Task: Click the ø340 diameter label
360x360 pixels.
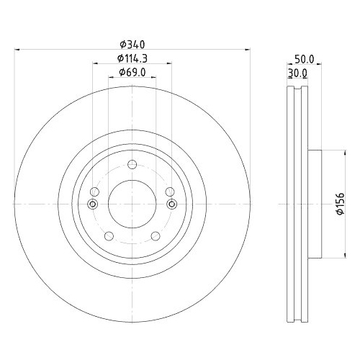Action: click(x=132, y=44)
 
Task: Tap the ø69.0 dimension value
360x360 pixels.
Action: click(x=132, y=72)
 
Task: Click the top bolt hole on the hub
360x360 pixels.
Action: click(x=132, y=166)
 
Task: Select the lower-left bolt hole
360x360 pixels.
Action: click(x=109, y=236)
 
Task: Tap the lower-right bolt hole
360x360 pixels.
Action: click(x=155, y=236)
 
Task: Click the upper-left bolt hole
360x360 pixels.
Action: click(x=94, y=192)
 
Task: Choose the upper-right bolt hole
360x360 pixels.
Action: click(x=169, y=192)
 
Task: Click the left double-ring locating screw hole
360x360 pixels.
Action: click(x=91, y=204)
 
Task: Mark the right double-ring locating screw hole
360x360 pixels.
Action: click(x=172, y=204)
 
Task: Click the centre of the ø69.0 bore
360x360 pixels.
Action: click(x=132, y=204)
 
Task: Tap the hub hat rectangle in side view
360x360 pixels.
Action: click(x=315, y=204)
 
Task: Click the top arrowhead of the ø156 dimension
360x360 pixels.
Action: click(x=332, y=152)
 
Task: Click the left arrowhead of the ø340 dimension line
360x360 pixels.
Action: click(x=17, y=50)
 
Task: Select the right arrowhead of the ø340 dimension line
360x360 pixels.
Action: click(x=247, y=50)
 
